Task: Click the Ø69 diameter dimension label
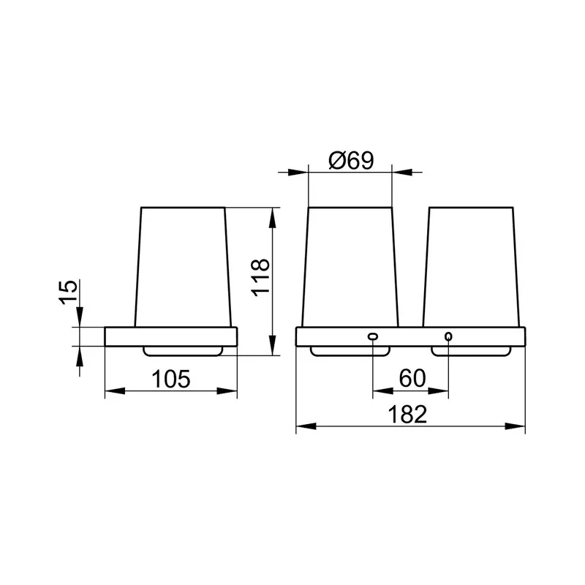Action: coord(351,161)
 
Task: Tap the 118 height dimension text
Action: coord(260,277)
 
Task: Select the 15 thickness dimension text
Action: coord(68,292)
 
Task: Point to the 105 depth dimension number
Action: coord(171,379)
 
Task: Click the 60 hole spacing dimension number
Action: coord(412,378)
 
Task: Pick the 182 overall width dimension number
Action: coord(407,414)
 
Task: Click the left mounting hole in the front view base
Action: coord(373,336)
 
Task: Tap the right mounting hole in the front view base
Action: coord(448,336)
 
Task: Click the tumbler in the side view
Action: coord(183,267)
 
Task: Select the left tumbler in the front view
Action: coord(350,267)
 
